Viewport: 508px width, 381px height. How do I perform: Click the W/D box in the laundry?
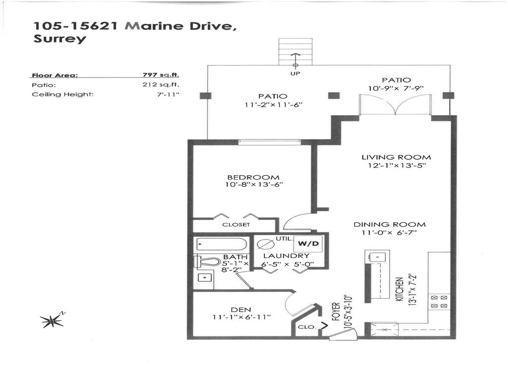pyautogui.click(x=308, y=244)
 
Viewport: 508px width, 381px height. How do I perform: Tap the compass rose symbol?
pyautogui.click(x=52, y=321)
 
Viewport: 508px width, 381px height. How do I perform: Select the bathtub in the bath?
pyautogui.click(x=221, y=245)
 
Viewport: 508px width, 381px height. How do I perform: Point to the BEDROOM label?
pyautogui.click(x=253, y=178)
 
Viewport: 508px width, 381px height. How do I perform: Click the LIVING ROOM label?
pyautogui.click(x=396, y=157)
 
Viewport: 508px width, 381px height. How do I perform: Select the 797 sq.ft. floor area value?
pyautogui.click(x=161, y=75)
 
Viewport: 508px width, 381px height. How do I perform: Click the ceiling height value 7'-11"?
pyautogui.click(x=168, y=94)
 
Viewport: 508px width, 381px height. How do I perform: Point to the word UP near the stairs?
pyautogui.click(x=295, y=74)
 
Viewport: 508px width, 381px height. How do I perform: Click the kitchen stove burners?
pyautogui.click(x=440, y=301)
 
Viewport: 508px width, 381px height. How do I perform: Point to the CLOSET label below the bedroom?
pyautogui.click(x=236, y=225)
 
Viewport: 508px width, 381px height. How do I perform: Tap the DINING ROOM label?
pyautogui.click(x=389, y=224)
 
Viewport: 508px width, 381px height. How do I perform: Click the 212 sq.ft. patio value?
pyautogui.click(x=161, y=85)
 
